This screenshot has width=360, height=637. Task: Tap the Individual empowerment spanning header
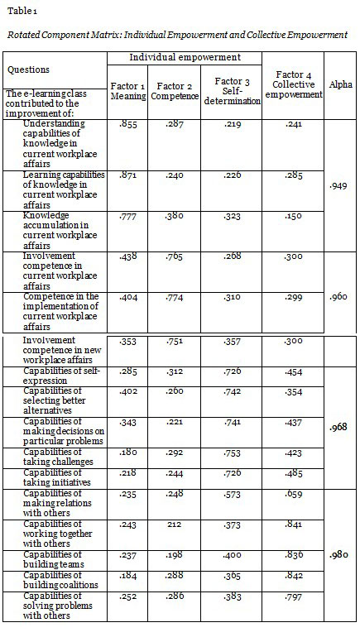pos(184,58)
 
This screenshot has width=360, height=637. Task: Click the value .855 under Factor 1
pos(127,124)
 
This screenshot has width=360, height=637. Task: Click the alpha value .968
pos(338,427)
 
